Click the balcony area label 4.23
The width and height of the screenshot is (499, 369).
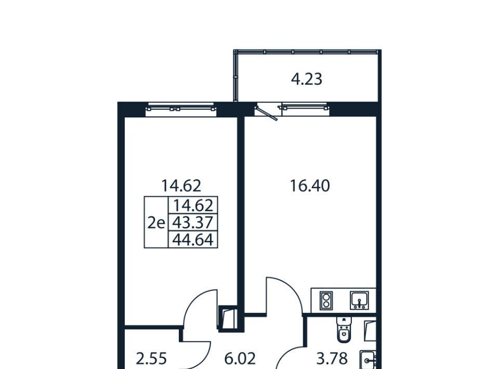pos(307,79)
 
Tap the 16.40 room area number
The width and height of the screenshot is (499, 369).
pos(310,186)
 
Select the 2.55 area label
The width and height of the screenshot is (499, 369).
pos(151,359)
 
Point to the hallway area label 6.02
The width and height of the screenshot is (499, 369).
pos(240,359)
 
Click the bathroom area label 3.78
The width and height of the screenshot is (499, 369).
pos(332,359)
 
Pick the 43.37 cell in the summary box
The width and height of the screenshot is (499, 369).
pos(192,222)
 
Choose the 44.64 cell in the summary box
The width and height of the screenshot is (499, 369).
pos(192,239)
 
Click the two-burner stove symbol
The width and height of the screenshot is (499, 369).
pos(326,300)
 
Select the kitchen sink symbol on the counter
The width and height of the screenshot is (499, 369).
pos(359,300)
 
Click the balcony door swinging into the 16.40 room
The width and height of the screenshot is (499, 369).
pos(267,113)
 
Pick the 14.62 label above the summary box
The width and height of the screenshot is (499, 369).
pos(181,186)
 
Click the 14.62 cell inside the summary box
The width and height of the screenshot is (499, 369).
pos(192,205)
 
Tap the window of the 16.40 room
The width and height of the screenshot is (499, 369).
pos(305,108)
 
